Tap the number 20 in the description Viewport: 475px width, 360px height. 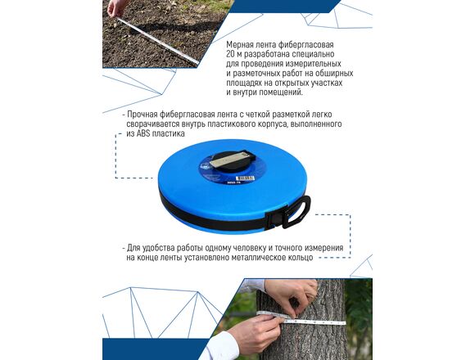(230, 55)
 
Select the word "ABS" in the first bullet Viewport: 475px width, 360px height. (143, 133)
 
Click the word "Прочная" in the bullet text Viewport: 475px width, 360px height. (142, 115)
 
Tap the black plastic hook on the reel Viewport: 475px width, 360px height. (297, 211)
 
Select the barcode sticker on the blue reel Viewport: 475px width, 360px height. (246, 178)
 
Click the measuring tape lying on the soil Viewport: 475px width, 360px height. (158, 41)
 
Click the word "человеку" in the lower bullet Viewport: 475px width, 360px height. (250, 249)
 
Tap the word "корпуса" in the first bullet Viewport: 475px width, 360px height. (272, 124)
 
